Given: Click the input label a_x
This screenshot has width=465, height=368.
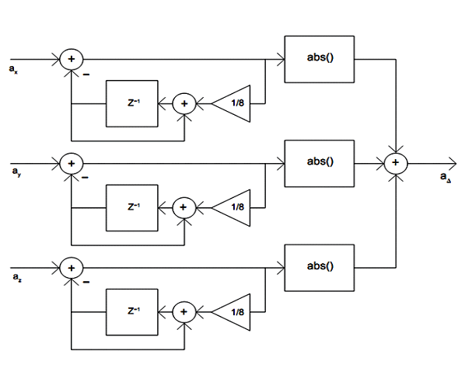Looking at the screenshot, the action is click(x=13, y=69).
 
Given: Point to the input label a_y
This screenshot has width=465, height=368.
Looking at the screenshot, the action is click(x=16, y=172).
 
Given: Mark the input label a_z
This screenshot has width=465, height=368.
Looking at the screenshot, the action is click(x=17, y=277).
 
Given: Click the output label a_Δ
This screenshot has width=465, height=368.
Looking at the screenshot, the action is click(x=446, y=177).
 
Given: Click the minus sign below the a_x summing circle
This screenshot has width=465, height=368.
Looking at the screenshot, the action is click(x=86, y=75).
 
